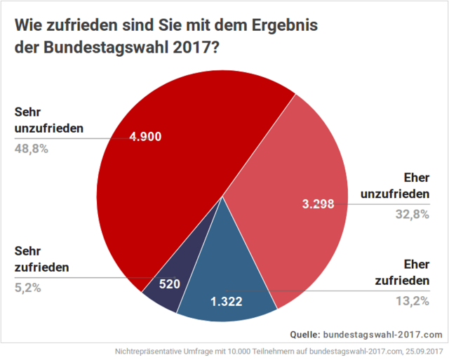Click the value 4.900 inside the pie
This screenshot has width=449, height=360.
[145, 136]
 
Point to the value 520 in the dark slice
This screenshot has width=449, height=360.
[170, 285]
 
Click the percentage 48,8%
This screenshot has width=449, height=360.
[31, 149]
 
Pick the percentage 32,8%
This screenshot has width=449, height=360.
[412, 215]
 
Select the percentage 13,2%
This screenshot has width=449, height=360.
[412, 301]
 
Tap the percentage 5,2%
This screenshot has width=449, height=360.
[27, 287]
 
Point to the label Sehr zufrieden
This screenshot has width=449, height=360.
[41, 258]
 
